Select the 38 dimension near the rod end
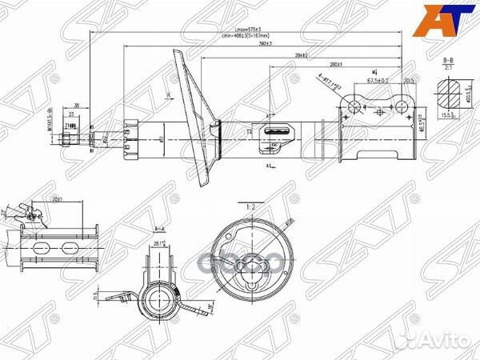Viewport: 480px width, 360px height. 76,105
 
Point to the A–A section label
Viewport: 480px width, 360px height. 157,227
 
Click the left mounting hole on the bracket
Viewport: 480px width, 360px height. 357,106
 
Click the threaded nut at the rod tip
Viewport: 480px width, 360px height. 70,139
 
